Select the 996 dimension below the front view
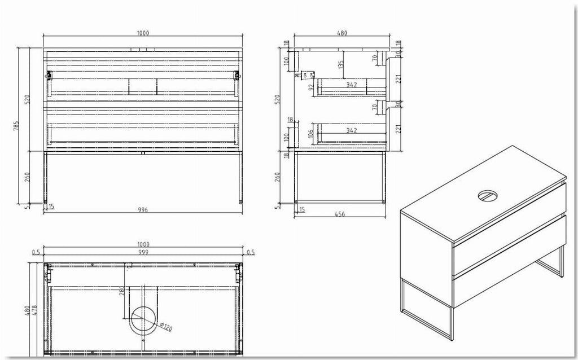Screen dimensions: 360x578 (143, 209)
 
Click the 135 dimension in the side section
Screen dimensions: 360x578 (341, 65)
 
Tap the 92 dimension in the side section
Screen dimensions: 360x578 (310, 87)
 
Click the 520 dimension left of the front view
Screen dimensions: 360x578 (28, 99)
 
